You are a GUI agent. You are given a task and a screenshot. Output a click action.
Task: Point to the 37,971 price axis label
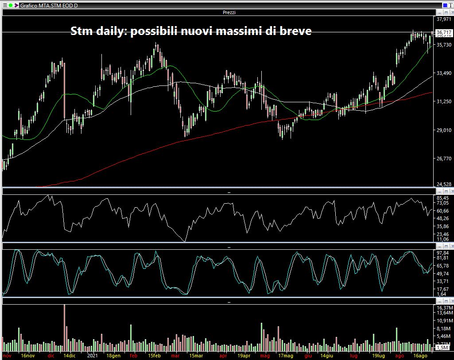(443, 19)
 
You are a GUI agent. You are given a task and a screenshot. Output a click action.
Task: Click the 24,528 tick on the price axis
(443, 184)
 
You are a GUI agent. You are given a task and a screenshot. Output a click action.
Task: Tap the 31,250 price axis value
(443, 101)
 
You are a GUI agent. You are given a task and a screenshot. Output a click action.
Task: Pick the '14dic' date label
(69, 356)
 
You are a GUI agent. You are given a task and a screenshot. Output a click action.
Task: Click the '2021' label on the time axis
(92, 356)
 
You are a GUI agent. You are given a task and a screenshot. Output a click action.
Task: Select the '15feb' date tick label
(155, 356)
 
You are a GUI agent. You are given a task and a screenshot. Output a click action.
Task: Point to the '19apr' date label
(244, 356)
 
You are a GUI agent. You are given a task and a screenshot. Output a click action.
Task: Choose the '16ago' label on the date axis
(420, 356)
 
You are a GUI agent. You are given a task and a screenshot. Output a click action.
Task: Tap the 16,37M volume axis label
(444, 308)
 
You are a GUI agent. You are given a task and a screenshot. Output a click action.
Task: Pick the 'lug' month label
(353, 356)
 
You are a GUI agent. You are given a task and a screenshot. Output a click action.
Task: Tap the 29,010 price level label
(443, 130)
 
